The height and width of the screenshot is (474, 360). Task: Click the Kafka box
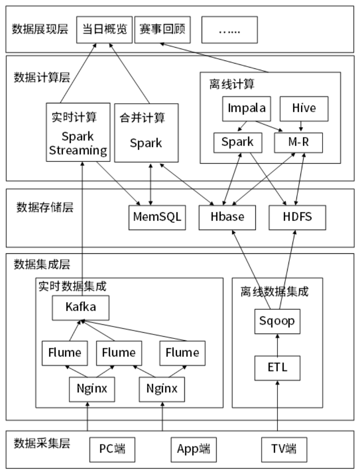[80, 308]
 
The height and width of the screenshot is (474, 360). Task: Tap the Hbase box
[227, 217]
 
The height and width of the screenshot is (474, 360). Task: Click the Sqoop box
[277, 321]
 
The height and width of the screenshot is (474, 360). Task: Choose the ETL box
[277, 368]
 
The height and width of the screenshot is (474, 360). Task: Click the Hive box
[304, 108]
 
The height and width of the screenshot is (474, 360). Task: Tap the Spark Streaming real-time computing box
[78, 132]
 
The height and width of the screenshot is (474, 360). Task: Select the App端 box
[191, 449]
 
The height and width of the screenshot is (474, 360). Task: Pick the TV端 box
[283, 449]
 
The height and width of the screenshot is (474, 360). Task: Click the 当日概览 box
[104, 30]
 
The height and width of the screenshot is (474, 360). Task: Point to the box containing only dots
[229, 30]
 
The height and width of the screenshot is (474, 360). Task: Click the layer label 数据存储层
[38, 207]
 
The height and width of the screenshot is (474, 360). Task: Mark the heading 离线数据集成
[274, 291]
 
